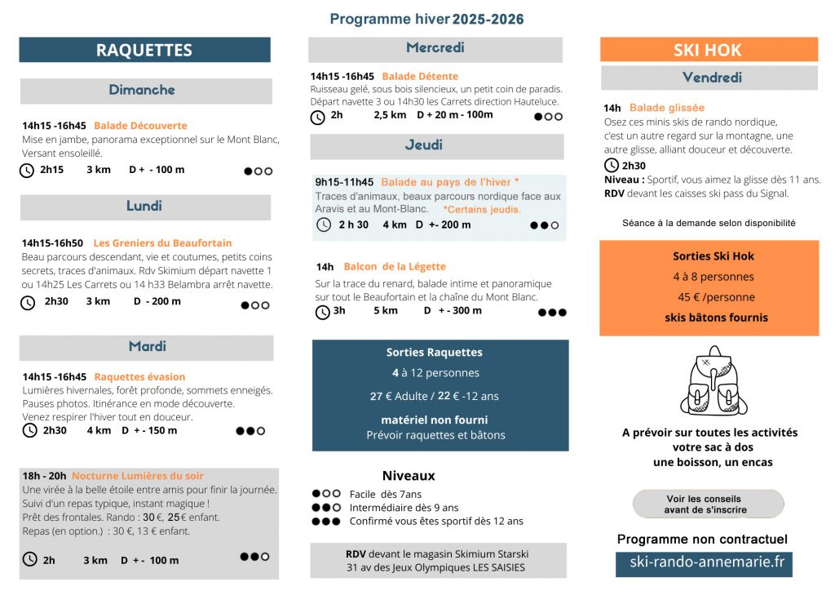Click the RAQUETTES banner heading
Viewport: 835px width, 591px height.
144,50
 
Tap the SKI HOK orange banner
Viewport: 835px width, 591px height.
708,50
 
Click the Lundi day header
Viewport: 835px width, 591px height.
144,207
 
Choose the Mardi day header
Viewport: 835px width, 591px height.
147,347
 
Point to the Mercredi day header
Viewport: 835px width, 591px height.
435,48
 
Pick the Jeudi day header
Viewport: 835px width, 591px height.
435,146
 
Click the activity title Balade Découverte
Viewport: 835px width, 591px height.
140,126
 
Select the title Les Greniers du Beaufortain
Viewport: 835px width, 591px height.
162,243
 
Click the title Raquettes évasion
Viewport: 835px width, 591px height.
139,377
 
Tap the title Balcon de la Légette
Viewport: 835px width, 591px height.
395,267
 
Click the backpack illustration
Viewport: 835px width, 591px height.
709,380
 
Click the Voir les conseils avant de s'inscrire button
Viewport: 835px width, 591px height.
708,504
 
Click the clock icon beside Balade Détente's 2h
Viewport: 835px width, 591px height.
317,117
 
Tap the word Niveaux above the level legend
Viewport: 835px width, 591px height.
409,476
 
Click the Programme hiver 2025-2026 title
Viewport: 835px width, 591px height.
426,19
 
